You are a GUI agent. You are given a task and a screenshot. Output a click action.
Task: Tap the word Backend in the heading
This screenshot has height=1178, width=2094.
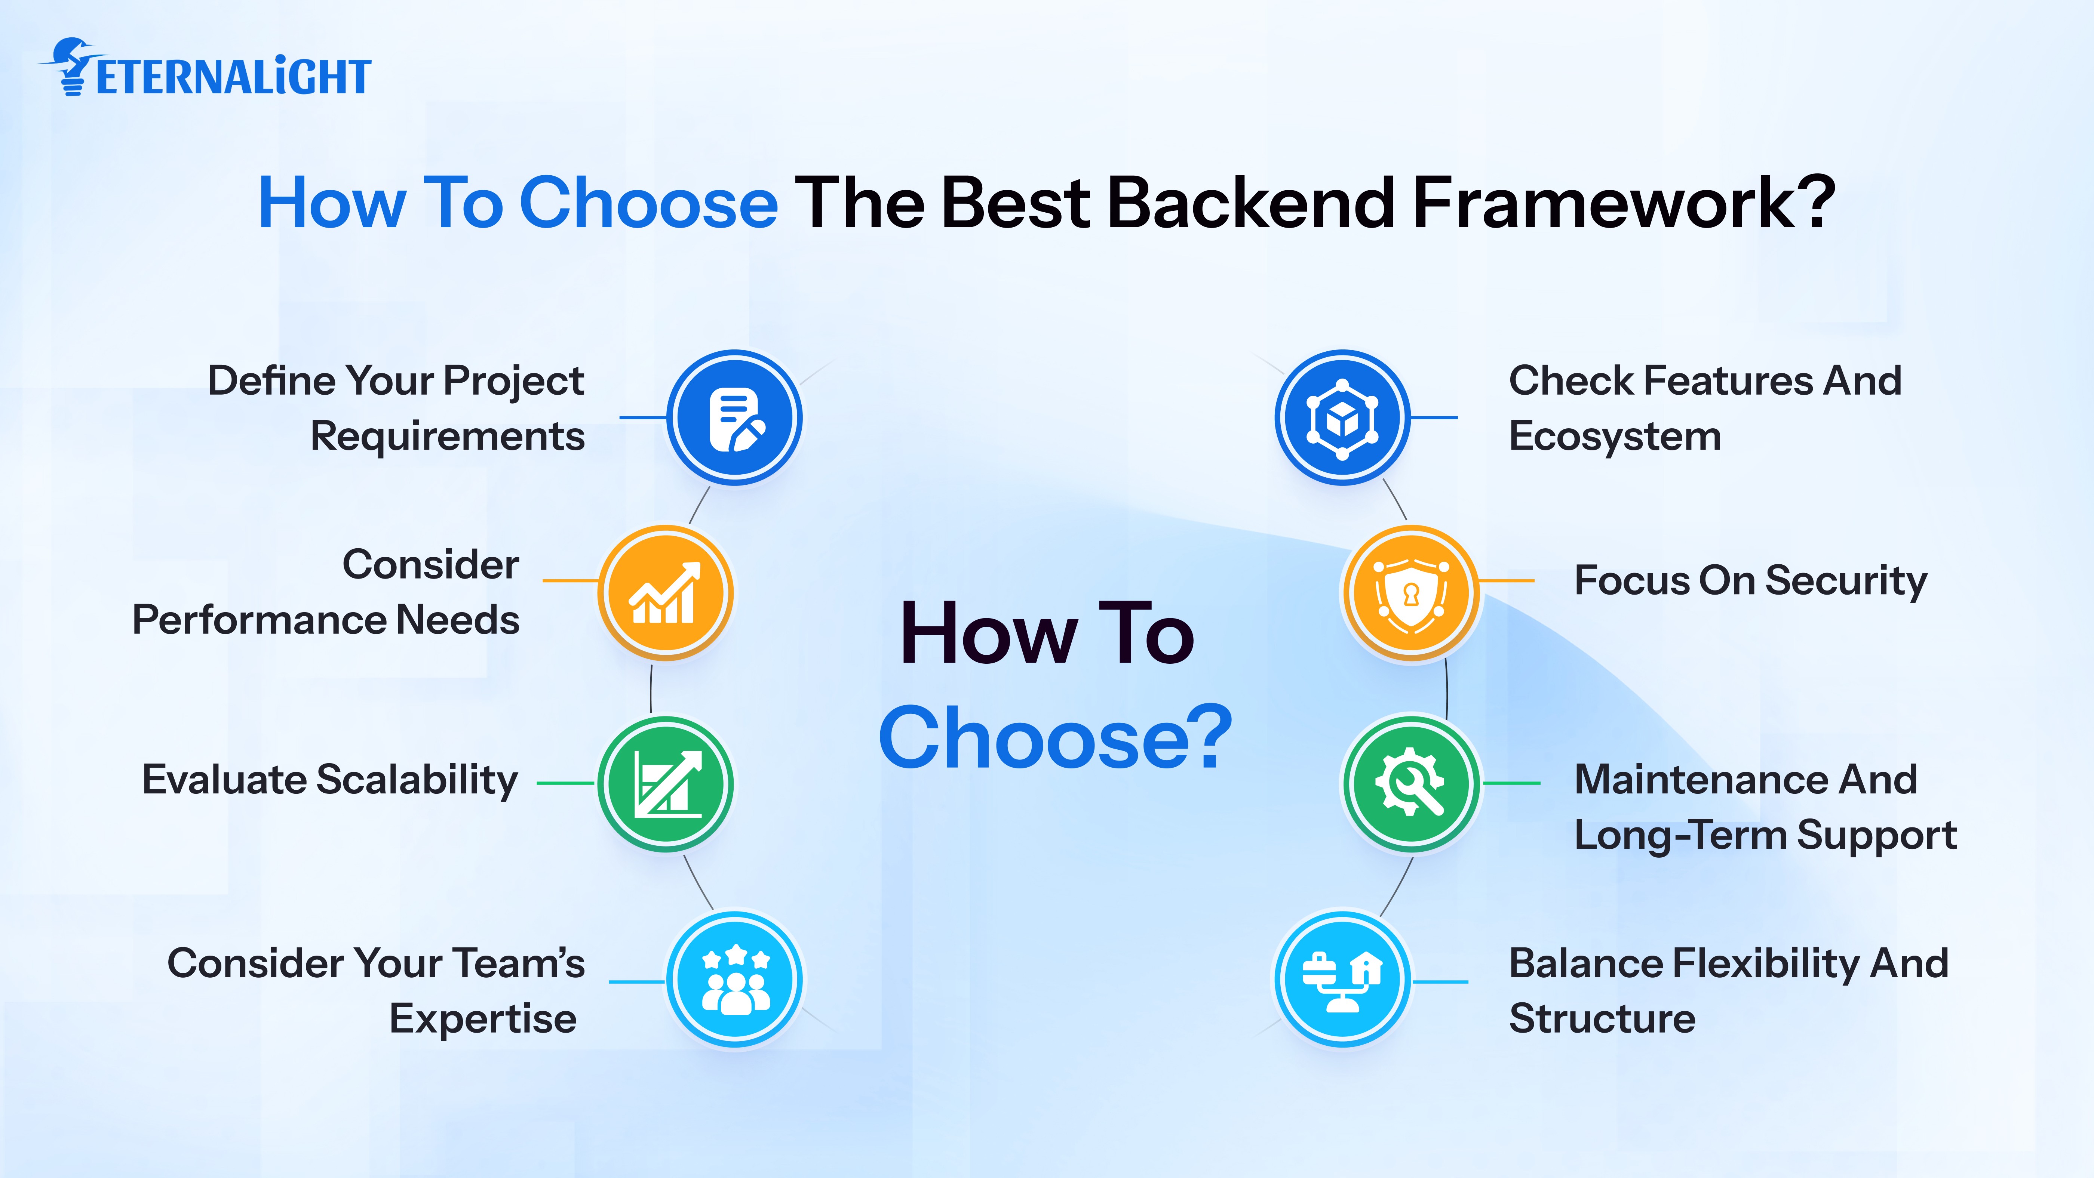click(1252, 203)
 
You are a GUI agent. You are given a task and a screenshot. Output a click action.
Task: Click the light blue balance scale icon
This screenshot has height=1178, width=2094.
click(1342, 979)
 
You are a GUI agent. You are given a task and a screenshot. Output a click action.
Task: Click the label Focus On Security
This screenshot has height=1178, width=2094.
click(1750, 581)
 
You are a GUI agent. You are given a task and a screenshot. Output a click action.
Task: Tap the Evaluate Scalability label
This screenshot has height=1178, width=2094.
click(330, 780)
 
